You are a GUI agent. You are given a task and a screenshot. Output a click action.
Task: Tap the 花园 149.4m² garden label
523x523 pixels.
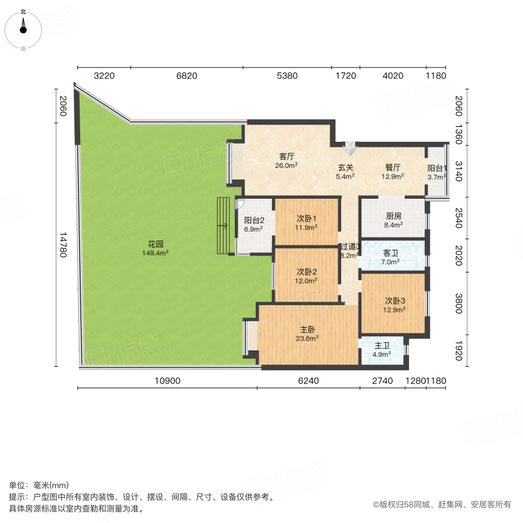(x=155, y=249)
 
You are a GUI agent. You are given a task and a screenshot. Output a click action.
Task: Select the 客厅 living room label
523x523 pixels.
(x=286, y=160)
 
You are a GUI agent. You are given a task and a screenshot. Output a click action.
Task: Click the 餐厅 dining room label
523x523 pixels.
(x=393, y=171)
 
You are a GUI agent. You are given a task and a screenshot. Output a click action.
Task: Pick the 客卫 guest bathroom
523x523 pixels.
(x=391, y=257)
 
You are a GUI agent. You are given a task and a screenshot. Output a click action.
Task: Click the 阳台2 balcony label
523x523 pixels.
(x=254, y=224)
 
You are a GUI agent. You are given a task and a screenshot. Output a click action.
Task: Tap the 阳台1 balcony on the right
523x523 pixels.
(x=437, y=173)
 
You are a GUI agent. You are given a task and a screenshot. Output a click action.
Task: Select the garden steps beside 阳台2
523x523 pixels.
(x=224, y=225)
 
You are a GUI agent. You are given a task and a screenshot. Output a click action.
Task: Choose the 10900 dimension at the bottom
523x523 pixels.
(x=169, y=381)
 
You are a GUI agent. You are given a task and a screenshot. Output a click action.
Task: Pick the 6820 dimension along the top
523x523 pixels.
(x=187, y=76)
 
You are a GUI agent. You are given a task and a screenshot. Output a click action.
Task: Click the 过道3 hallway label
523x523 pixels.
(x=350, y=250)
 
